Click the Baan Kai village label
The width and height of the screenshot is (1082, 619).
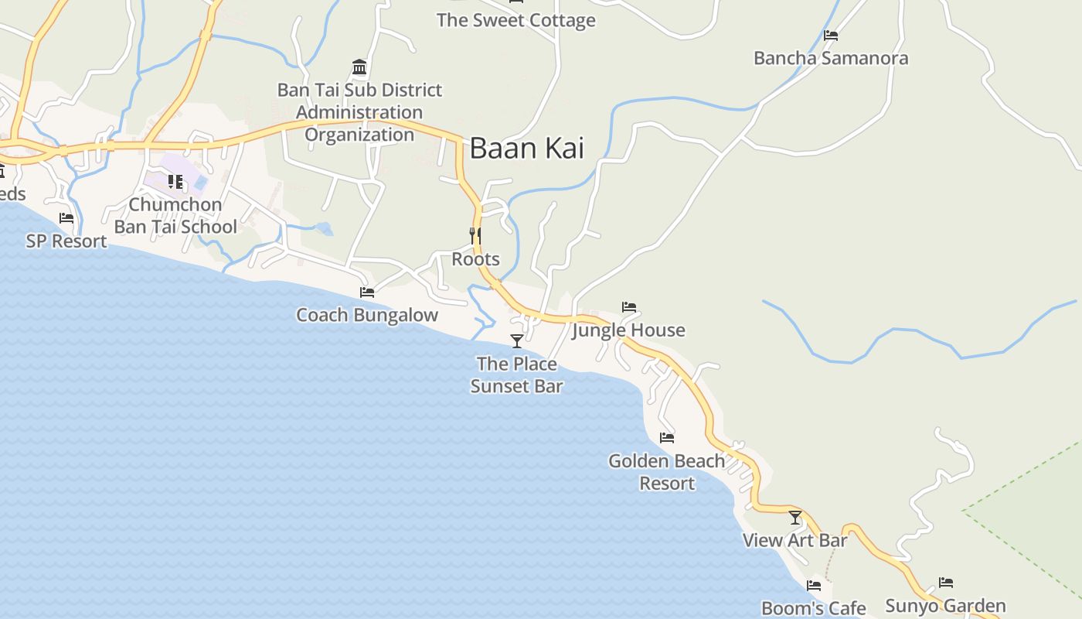click(x=526, y=148)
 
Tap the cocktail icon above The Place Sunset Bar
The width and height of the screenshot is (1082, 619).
click(x=516, y=340)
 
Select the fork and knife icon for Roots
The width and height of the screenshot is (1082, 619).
click(x=475, y=235)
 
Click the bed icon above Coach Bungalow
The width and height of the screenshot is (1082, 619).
click(x=367, y=292)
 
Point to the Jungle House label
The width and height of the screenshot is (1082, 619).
click(x=628, y=330)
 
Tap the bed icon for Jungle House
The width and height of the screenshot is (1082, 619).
click(x=629, y=307)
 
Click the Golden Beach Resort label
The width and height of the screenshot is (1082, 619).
click(x=667, y=472)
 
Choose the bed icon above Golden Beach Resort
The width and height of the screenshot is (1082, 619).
click(x=667, y=438)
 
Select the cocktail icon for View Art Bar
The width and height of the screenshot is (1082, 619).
click(x=795, y=518)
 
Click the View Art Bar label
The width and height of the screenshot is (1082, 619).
click(x=795, y=540)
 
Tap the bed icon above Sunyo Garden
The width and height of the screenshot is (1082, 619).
click(x=946, y=583)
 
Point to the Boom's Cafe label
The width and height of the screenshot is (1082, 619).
click(x=814, y=608)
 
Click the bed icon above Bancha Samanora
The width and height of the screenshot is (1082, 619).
click(x=831, y=36)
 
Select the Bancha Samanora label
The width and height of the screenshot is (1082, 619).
click(x=831, y=58)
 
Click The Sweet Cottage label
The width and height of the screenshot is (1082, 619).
click(x=516, y=20)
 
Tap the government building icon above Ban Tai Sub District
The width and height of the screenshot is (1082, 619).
click(x=359, y=67)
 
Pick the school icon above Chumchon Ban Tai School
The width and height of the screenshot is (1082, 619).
click(x=175, y=183)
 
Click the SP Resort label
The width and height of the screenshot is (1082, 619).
click(x=66, y=241)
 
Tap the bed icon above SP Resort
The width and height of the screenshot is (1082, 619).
click(x=66, y=218)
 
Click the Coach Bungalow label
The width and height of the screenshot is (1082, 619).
click(x=367, y=315)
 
